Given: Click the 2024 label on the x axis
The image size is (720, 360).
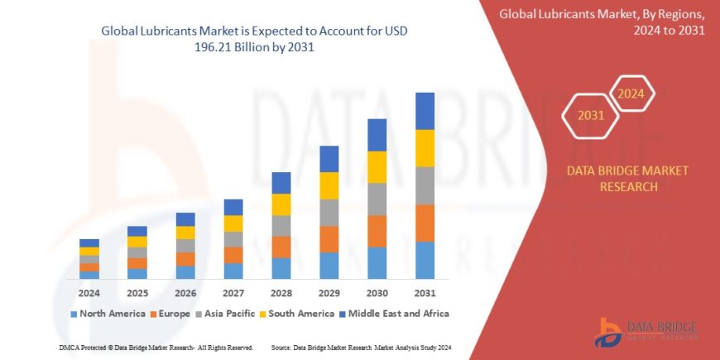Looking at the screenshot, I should coord(89,293).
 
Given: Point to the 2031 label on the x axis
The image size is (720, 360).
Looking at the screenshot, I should coord(425,293).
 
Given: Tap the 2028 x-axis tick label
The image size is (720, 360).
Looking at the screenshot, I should coord(281,293).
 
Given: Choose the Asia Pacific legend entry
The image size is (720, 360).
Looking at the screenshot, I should coord(226,314).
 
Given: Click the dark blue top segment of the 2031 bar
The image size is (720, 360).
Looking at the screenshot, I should coord(425,111).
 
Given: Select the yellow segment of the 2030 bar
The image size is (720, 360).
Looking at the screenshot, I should coord(377,167).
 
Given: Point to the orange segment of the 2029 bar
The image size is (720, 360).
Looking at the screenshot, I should coord(329,239).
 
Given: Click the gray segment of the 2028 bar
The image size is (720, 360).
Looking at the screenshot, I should coord(281,226).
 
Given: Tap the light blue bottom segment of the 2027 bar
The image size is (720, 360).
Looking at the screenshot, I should coord(233,271).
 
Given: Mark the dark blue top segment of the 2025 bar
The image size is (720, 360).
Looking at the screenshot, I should coord(137,231).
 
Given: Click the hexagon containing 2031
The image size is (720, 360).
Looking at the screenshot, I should coord(590,116).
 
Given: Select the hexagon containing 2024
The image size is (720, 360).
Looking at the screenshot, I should coord(632,93).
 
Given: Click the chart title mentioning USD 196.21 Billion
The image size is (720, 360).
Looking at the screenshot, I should coord(254,39).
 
